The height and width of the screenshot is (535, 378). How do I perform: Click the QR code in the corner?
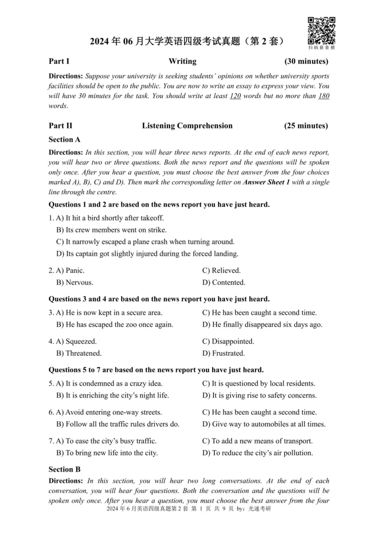click(321, 30)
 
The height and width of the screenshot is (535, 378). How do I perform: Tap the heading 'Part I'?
click(59, 61)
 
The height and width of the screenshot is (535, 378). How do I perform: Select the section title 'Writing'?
click(182, 61)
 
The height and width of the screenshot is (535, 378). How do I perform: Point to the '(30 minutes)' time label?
click(306, 61)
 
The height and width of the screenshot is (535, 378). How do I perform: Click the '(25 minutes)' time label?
click(306, 126)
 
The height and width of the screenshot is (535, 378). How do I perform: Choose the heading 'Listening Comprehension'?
click(187, 126)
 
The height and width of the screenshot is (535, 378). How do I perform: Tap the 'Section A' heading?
click(64, 139)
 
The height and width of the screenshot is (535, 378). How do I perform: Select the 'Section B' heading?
click(64, 469)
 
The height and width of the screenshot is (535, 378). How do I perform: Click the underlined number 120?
click(235, 96)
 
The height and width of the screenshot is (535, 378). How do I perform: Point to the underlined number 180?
click(324, 96)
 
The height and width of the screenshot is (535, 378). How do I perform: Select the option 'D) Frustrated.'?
click(223, 353)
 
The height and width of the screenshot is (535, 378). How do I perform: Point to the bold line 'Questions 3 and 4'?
click(159, 299)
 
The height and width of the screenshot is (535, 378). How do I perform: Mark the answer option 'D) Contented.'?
click(223, 283)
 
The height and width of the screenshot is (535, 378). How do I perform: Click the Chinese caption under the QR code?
click(321, 48)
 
